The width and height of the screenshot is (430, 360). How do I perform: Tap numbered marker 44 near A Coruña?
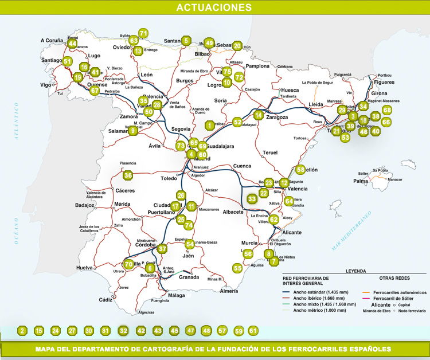coord(72,44)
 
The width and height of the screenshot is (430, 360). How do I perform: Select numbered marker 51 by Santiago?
coord(68,61)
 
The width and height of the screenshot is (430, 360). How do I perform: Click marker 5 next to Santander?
coord(186,41)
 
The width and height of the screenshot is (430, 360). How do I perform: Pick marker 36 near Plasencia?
coord(128,175)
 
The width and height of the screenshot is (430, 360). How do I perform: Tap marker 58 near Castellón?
coord(300,170)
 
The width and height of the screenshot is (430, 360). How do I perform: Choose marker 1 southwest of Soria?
coord(210,125)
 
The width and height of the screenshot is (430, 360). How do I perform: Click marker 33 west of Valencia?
coord(252,199)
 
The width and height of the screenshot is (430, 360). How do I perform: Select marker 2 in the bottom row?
coord(22,331)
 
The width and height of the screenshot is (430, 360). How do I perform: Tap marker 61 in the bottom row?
coord(253,331)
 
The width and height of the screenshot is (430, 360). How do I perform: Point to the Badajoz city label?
coord(84,205)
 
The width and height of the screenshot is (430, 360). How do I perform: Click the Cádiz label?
coord(105,300)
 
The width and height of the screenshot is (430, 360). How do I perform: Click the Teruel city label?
coord(269,152)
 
